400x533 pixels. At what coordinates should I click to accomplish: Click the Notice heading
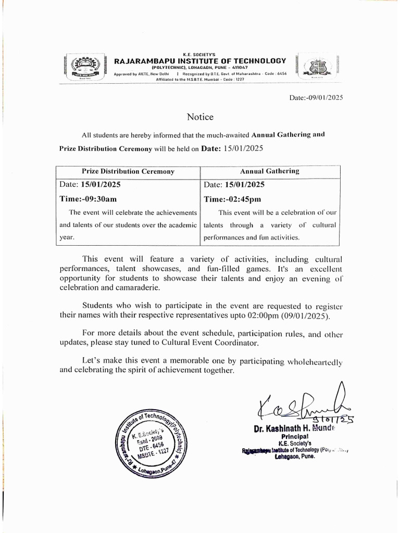coord(200,117)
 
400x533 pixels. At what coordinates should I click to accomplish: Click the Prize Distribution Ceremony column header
coord(128,171)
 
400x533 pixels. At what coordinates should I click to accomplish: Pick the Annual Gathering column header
coord(269,171)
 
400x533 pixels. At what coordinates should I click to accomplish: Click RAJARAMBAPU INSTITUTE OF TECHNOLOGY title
coord(200,61)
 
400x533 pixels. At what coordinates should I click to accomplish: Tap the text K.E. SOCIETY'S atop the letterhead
coord(200,54)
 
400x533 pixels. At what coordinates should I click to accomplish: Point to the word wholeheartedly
coord(314,361)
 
